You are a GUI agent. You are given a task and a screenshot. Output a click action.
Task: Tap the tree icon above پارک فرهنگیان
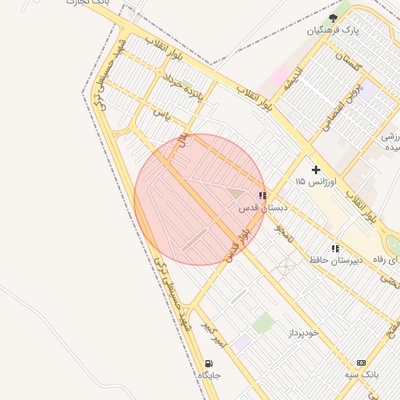pyautogui.click(x=334, y=17)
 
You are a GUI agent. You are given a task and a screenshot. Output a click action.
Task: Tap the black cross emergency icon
pyautogui.click(x=316, y=169)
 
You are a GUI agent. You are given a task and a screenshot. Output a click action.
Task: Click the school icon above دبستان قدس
pyautogui.click(x=262, y=196)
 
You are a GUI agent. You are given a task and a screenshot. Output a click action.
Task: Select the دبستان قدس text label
pyautogui.click(x=263, y=209)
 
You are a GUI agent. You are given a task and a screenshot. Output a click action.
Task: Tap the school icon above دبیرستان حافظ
pyautogui.click(x=335, y=248)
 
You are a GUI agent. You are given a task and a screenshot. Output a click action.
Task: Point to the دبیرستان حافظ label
pyautogui.click(x=336, y=259)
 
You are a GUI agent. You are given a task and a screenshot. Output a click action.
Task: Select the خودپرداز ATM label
pyautogui.click(x=303, y=333)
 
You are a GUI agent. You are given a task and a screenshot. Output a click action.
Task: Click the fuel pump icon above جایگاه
pyautogui.click(x=209, y=363)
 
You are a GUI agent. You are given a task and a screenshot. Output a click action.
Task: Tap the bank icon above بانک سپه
pyautogui.click(x=361, y=362)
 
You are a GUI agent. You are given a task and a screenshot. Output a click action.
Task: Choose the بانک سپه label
pyautogui.click(x=362, y=375)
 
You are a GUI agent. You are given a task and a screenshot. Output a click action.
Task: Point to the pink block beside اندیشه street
pyautogui.click(x=279, y=77)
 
